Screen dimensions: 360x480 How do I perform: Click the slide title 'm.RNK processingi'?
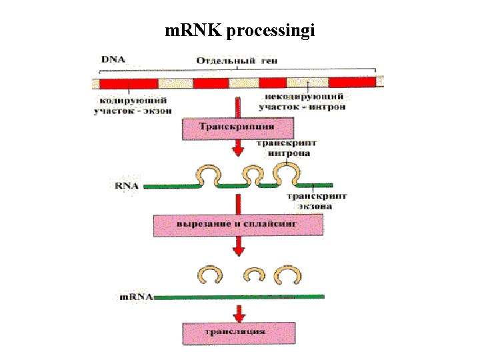[x=240, y=31]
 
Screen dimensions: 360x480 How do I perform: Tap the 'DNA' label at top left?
[x=113, y=60]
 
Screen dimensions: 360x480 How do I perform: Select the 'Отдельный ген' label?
[x=237, y=61]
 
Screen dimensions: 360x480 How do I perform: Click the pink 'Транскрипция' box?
[x=237, y=127]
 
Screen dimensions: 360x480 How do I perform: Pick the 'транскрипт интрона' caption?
[x=288, y=148]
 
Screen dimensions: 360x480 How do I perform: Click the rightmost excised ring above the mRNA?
[x=290, y=275]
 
